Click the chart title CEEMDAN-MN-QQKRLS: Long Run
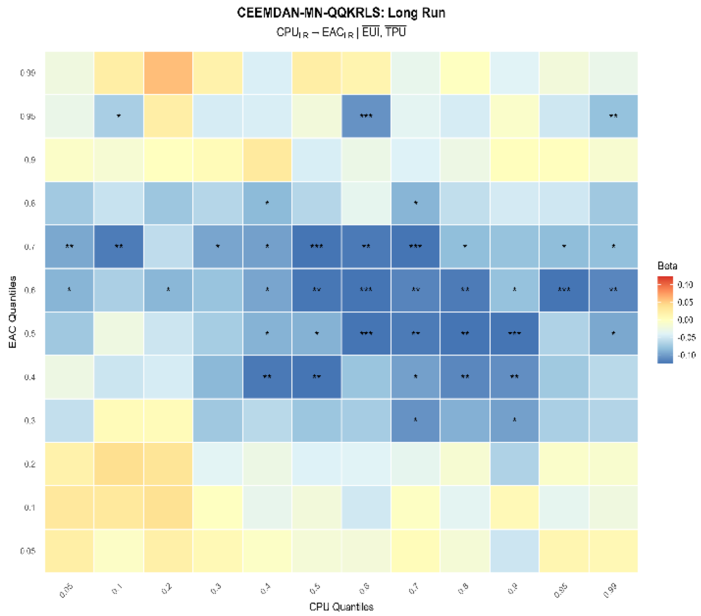coord(341,13)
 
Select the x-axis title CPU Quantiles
coord(341,607)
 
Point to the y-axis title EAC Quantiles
coord(12,312)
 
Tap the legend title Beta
coord(667,266)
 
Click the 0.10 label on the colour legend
coord(685,285)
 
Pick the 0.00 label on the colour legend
coord(685,320)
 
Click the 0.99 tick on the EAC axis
coord(28,73)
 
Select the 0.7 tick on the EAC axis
coord(30,247)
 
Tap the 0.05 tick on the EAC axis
coord(28,551)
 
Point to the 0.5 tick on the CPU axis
coord(315,589)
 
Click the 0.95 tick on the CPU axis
coord(561,590)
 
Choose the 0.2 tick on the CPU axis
coord(167,589)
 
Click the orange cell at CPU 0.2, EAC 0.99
coord(168,73)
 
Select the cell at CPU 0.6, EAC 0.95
coord(366,116)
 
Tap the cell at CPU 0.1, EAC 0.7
coord(119,247)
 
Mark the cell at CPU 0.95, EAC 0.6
coord(564,290)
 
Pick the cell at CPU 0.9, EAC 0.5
coord(514,334)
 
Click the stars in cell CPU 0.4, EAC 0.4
coord(267,377)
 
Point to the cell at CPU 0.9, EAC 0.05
coord(514,551)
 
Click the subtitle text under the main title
coord(341,32)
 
